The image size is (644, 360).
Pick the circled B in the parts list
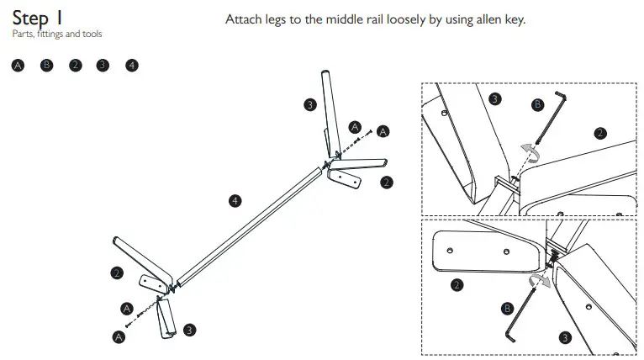(x=47, y=65)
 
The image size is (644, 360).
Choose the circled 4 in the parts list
(x=132, y=65)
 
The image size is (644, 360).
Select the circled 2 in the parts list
(x=76, y=65)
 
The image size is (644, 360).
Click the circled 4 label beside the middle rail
(x=235, y=200)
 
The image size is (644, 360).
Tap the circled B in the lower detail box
(x=507, y=309)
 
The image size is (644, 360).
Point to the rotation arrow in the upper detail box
(x=529, y=152)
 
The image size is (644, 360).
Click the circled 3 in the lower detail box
(x=564, y=337)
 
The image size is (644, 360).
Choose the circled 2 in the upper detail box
(x=599, y=132)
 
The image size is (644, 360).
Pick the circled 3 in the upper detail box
(x=495, y=99)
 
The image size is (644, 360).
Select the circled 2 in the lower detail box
(x=457, y=285)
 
